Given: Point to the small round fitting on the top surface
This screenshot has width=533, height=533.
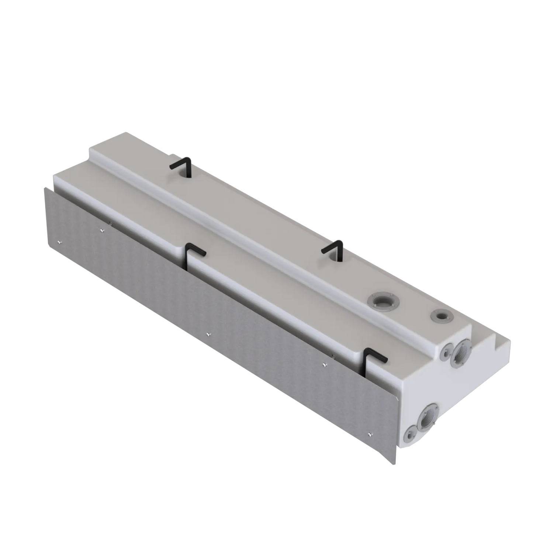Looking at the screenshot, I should pyautogui.click(x=440, y=316).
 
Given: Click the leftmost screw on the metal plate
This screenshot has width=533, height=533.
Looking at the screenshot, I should pyautogui.click(x=59, y=242).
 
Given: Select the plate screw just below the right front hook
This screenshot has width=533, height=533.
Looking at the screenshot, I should pyautogui.click(x=324, y=365).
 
